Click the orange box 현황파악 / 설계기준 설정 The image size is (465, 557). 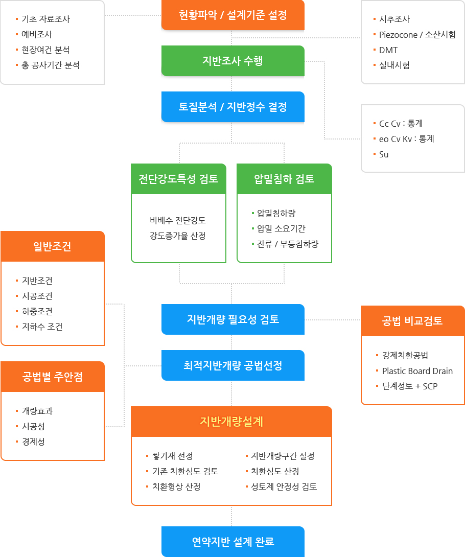(x=232, y=15)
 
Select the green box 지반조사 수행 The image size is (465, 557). (x=232, y=61)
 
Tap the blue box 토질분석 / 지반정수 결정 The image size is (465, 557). (x=232, y=107)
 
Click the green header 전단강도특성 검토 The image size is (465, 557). (x=178, y=179)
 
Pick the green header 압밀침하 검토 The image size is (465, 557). (x=284, y=179)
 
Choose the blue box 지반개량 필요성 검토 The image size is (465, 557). (x=232, y=319)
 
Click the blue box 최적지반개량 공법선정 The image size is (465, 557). (x=232, y=365)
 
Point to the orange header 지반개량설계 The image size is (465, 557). (x=231, y=422)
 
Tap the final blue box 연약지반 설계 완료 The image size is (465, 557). (x=232, y=541)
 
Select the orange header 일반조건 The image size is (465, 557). (x=53, y=246)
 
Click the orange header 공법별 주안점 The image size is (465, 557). (x=53, y=377)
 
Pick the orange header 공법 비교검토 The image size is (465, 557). (x=413, y=321)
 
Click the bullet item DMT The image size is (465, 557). (x=388, y=50)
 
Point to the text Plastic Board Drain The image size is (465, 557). (x=417, y=371)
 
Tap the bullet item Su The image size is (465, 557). (x=383, y=154)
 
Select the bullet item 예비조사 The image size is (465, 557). (x=37, y=34)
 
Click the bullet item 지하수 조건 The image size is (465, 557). (x=42, y=327)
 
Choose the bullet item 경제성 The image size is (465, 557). (x=33, y=442)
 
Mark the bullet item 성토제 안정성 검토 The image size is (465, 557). (x=284, y=486)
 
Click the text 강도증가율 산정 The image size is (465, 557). (x=178, y=236)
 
